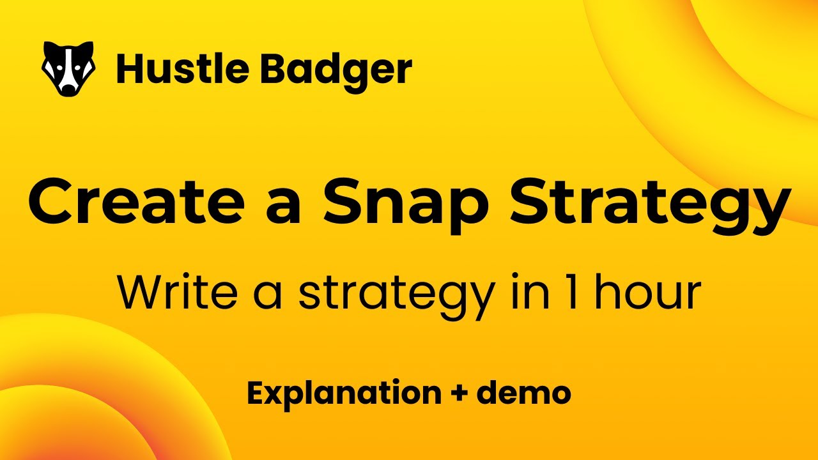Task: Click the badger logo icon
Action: (x=68, y=69)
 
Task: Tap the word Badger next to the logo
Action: (x=336, y=70)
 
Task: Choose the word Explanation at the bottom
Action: (x=344, y=394)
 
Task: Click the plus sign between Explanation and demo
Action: (x=459, y=394)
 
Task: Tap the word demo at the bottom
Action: (x=523, y=392)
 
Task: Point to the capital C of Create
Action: (x=52, y=201)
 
